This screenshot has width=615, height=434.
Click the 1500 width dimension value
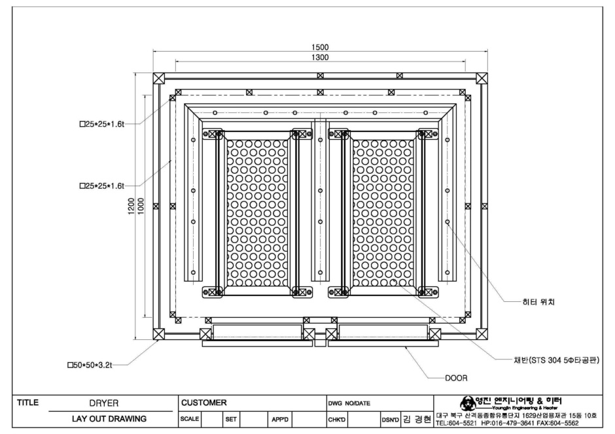[320, 47]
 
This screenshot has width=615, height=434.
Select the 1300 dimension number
[320, 57]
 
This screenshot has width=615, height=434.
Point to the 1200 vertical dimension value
[132, 206]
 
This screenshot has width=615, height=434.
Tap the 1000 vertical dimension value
[141, 206]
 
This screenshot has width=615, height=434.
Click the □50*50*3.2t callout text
[90, 365]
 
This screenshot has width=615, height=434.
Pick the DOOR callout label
[456, 378]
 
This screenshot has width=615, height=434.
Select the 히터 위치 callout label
[538, 302]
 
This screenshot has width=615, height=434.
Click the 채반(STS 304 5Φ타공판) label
[557, 360]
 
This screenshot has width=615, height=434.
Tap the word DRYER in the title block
[104, 403]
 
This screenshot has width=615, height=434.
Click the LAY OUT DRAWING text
[109, 419]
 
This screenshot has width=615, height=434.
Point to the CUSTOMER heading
[204, 403]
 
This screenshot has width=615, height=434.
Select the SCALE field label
[190, 419]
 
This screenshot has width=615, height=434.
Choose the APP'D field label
[280, 420]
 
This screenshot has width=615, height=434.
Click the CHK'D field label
[336, 420]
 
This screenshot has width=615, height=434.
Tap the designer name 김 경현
[417, 420]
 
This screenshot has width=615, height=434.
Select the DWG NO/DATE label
[349, 403]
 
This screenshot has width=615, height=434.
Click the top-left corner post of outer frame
[159, 78]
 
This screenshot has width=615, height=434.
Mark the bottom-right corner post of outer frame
[482, 334]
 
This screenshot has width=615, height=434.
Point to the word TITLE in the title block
[28, 402]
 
